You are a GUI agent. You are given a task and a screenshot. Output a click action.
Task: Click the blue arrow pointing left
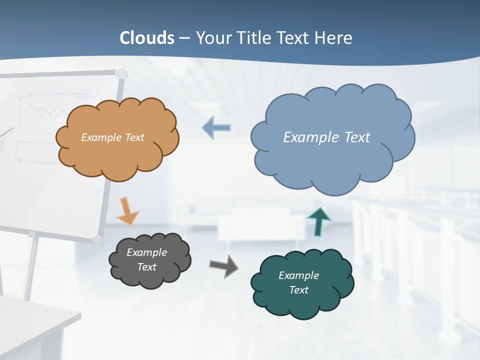point(216,128)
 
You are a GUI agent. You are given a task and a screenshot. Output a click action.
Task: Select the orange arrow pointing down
point(127,210)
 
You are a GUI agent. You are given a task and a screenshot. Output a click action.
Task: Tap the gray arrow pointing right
point(224,266)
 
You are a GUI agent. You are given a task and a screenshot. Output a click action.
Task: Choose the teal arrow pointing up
point(318,221)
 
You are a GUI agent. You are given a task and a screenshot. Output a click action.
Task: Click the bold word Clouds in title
point(147,38)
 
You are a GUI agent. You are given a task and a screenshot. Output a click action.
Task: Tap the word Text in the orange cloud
point(132,137)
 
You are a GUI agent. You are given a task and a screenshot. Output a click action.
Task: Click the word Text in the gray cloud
point(146,267)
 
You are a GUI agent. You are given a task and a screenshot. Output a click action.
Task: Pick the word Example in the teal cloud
point(298,275)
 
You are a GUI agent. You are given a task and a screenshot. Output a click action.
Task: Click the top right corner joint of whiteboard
point(121,74)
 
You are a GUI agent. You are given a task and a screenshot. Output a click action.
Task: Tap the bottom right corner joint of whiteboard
point(98,240)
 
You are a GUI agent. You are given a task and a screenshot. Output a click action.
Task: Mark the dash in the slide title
point(185,38)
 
